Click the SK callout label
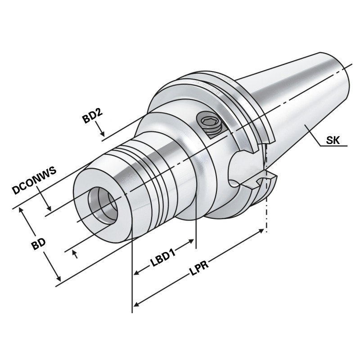click(x=333, y=140)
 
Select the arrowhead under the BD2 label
click(x=103, y=134)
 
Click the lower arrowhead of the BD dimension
click(x=58, y=279)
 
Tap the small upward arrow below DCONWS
click(x=75, y=254)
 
